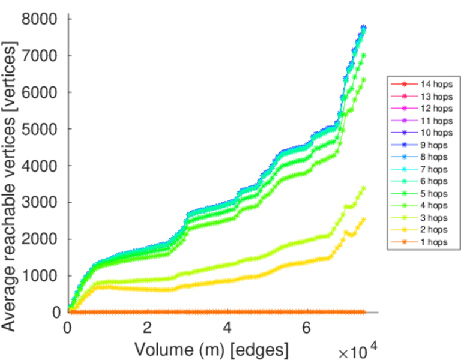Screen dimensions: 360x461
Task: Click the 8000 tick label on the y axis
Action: point(40,19)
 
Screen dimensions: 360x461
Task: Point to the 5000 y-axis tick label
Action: point(40,129)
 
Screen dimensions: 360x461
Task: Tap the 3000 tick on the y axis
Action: point(40,202)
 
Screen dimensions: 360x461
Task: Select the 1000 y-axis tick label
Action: point(40,275)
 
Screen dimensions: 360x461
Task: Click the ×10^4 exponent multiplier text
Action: point(358,350)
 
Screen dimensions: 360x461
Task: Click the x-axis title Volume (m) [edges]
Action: point(211,348)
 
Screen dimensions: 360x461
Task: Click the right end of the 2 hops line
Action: point(363,219)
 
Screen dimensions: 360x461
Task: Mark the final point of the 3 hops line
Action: point(363,188)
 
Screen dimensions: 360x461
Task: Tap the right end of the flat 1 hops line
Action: point(363,312)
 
